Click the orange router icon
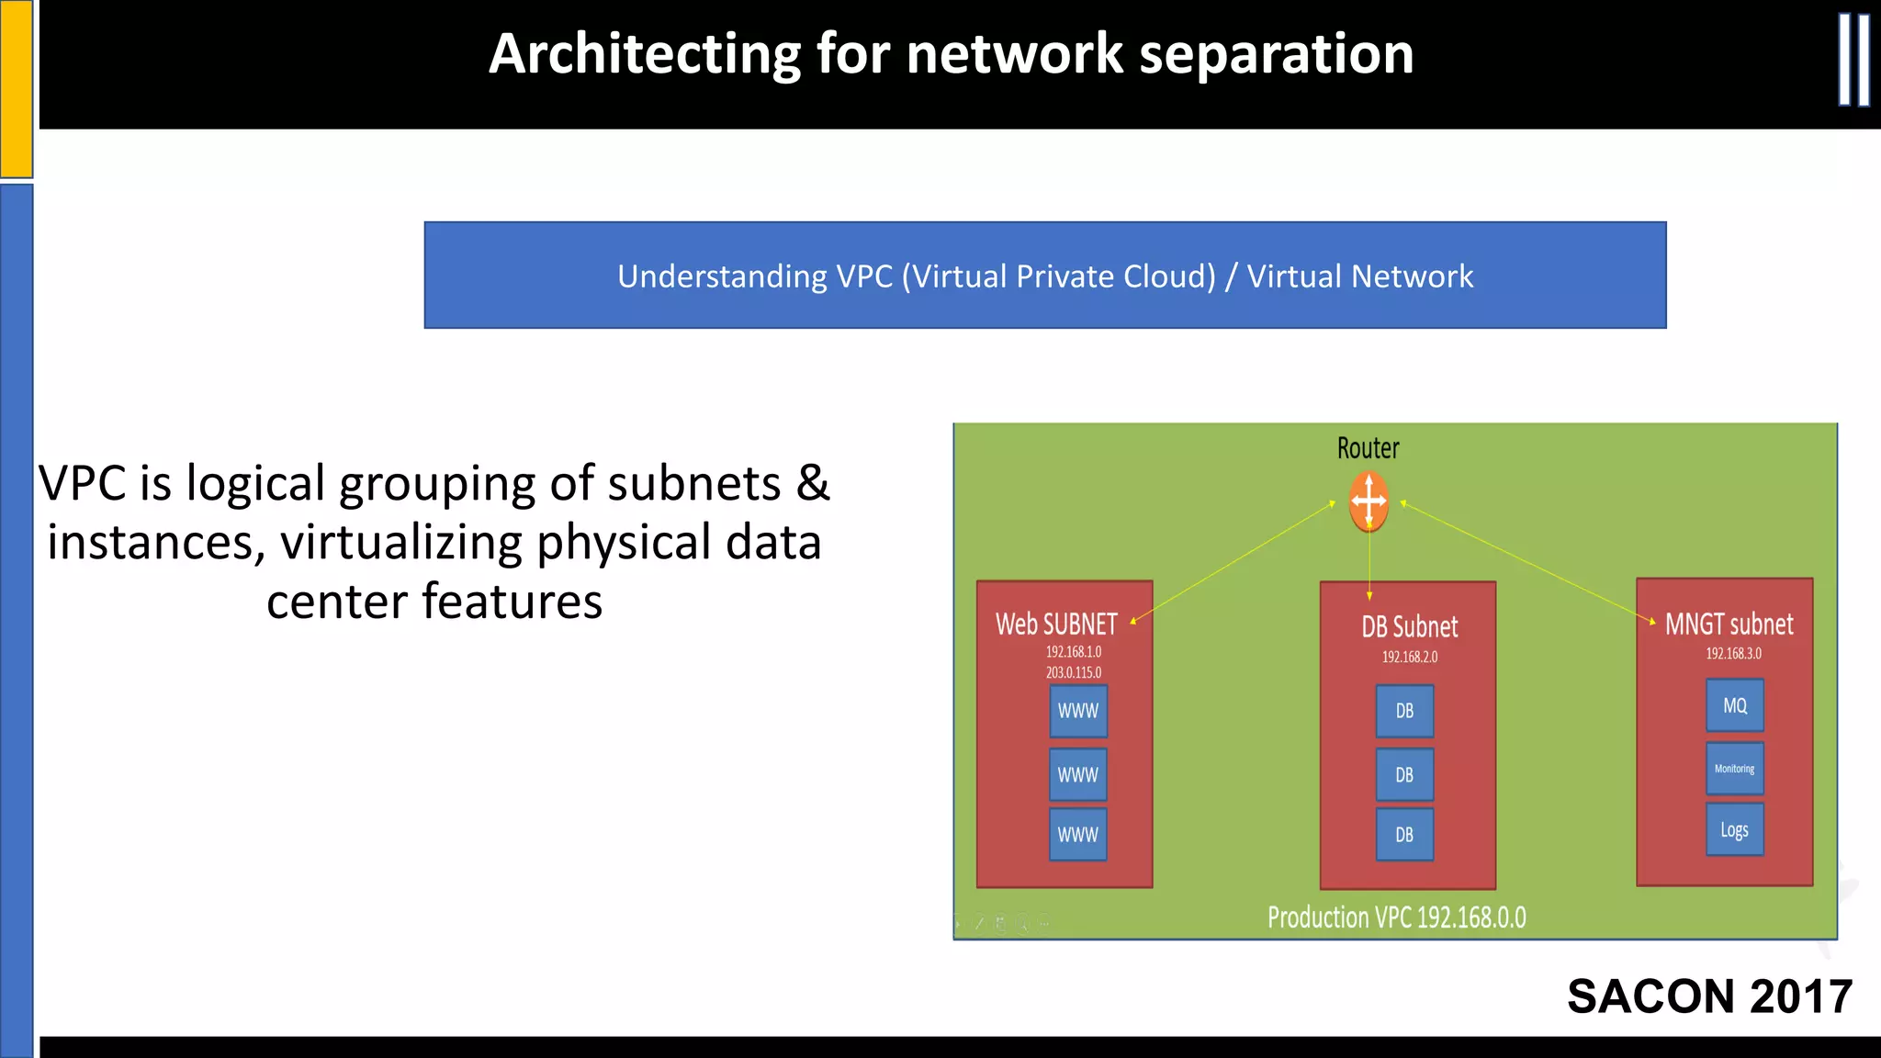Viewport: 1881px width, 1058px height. click(x=1369, y=501)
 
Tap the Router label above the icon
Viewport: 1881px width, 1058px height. click(x=1368, y=448)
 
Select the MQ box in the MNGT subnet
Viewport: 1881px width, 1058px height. click(x=1735, y=705)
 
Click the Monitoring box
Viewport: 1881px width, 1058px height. click(x=1734, y=769)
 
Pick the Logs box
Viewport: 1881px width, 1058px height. click(x=1734, y=830)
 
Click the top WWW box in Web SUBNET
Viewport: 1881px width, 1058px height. click(x=1078, y=711)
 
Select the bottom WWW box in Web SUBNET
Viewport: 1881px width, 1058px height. click(x=1077, y=835)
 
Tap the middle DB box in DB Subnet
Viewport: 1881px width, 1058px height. click(x=1404, y=775)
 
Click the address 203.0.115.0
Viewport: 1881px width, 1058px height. click(x=1073, y=673)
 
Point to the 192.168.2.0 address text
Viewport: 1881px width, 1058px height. click(x=1409, y=658)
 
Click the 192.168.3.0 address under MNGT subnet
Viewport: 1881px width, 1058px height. click(x=1733, y=654)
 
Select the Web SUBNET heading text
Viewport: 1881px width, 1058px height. click(x=1056, y=625)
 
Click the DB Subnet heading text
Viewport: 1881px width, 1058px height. click(x=1409, y=627)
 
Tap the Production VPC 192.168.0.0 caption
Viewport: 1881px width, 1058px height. click(x=1396, y=917)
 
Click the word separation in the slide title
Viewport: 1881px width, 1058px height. click(x=1276, y=54)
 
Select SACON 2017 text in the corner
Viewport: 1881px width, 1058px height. click(x=1709, y=996)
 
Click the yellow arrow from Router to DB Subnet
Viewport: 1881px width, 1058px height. click(x=1369, y=565)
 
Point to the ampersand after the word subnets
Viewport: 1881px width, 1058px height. click(x=813, y=484)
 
